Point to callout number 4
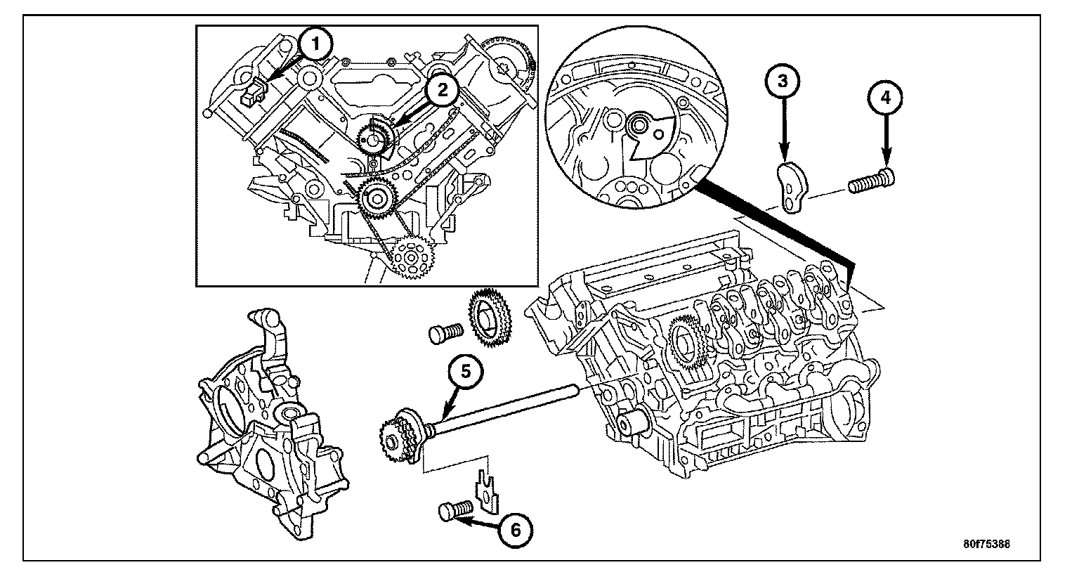pos(886,98)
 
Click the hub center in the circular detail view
pos(639,126)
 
